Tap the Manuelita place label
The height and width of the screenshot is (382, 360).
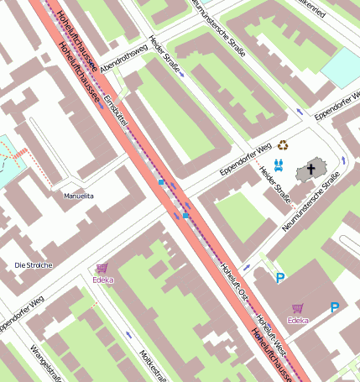pos(79,196)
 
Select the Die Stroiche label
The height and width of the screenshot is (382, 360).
pos(34,265)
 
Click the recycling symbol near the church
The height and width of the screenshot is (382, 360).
pos(283,145)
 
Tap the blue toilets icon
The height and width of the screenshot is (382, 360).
pos(279,165)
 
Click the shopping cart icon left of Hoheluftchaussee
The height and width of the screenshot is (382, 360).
pos(102,268)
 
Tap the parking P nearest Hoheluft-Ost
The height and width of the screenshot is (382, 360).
pos(280,277)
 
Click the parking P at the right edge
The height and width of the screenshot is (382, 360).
pos(335,308)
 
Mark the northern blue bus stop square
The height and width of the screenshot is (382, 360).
pos(161,181)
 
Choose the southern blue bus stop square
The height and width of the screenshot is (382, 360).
pos(185,216)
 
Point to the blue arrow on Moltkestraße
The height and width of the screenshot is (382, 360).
pos(128,335)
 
